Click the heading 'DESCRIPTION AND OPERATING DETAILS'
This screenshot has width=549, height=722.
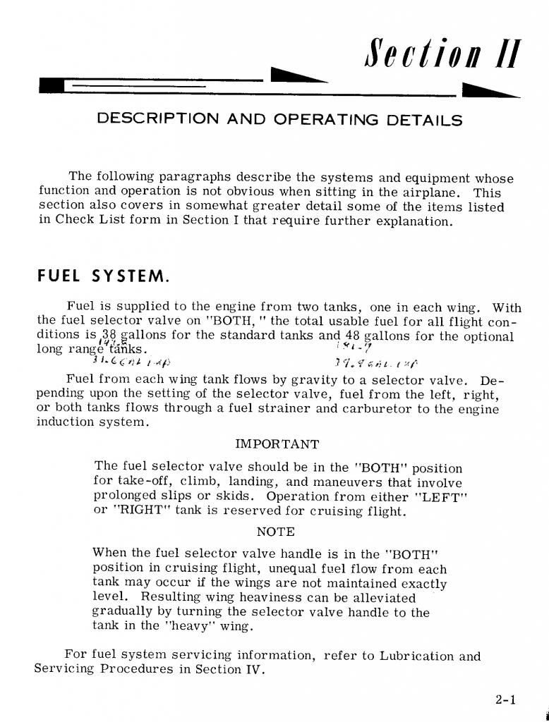[279, 119]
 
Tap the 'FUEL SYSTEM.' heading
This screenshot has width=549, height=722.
[102, 274]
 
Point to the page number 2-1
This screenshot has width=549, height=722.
[506, 700]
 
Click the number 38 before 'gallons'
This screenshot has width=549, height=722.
[108, 336]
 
